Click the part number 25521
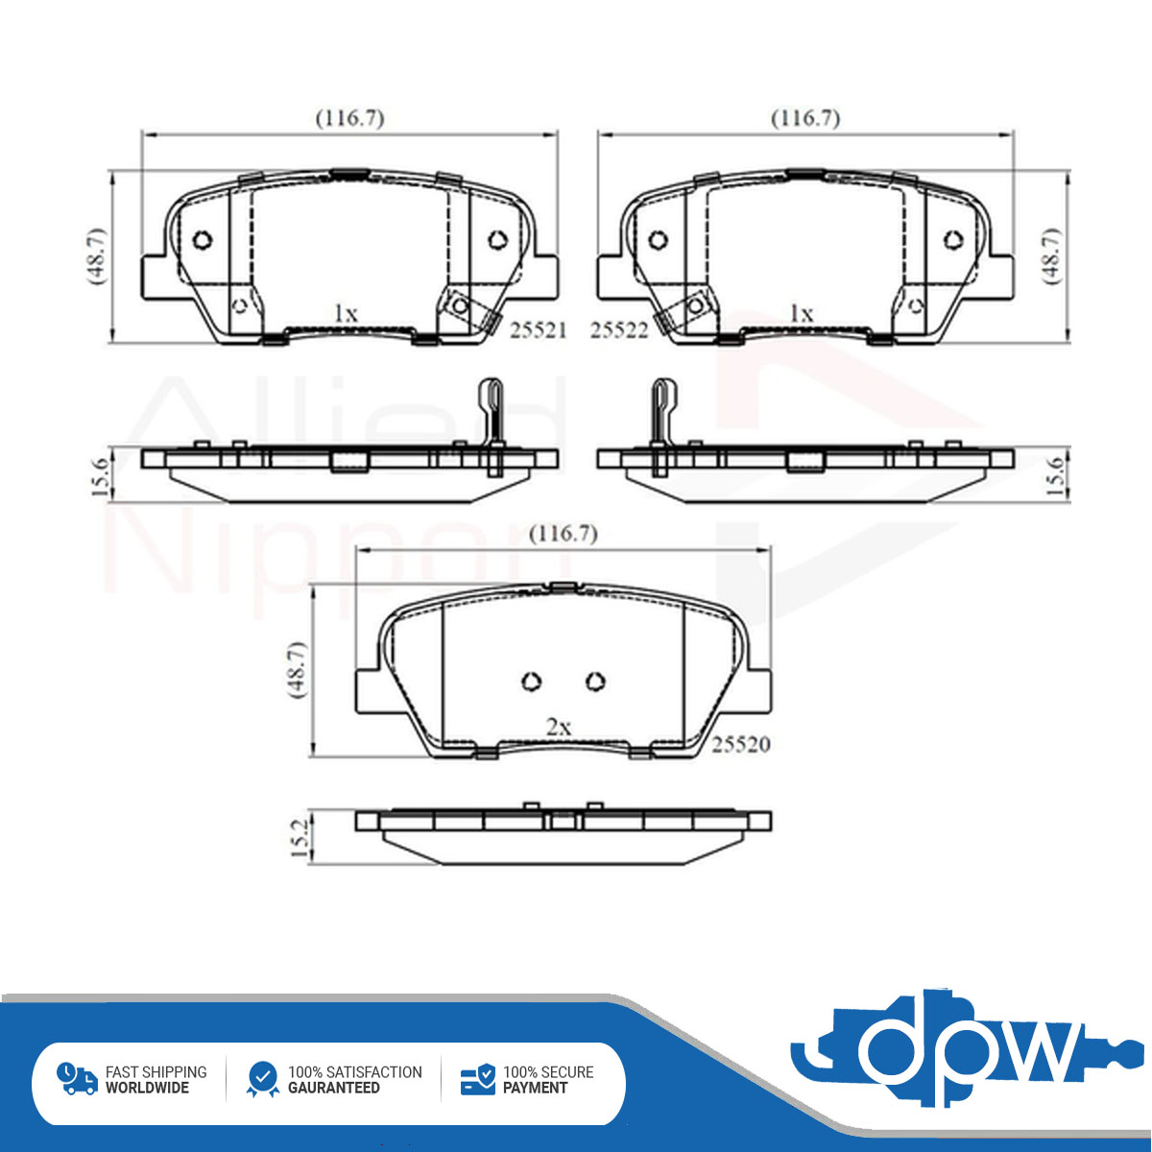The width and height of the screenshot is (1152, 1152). pos(538,330)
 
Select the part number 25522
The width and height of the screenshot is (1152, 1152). pos(619,330)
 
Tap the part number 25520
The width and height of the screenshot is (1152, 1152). pos(741,744)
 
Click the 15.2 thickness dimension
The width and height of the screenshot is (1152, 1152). pos(300,839)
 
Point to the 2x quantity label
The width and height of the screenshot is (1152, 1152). pos(559,727)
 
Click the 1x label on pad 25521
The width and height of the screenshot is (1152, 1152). pos(346,313)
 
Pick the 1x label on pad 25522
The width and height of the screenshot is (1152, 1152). pos(802,313)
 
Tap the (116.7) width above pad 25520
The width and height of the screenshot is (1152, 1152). pos(564,534)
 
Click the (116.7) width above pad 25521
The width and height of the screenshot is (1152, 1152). pos(350,118)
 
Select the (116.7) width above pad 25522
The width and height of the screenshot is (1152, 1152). pos(805,118)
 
